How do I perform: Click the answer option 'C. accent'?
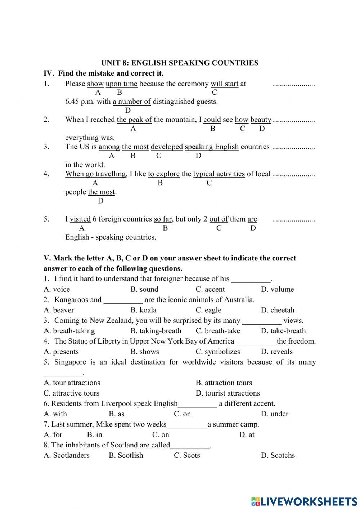[210, 289]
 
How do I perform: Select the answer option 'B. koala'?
[143, 310]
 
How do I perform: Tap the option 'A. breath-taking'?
[69, 331]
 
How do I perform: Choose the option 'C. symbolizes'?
[218, 352]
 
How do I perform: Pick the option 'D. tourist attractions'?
[228, 393]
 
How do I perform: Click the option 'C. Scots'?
[187, 456]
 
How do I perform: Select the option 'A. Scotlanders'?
[66, 456]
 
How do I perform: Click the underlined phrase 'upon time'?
[121, 84]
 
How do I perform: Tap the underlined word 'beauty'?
[261, 120]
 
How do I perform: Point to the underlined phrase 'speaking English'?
[212, 147]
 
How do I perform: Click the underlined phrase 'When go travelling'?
[95, 174]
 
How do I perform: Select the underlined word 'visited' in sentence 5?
[80, 219]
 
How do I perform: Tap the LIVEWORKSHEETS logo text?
[309, 501]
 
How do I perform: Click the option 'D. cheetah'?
[277, 310]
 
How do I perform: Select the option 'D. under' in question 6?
[274, 414]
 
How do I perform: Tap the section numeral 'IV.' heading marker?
[49, 73]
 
